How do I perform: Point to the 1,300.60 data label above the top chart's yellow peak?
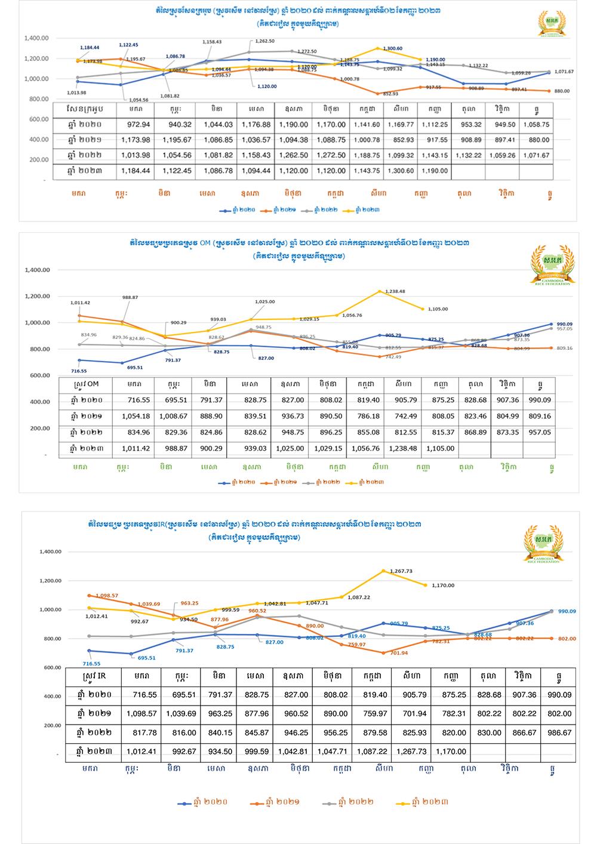point(391,48)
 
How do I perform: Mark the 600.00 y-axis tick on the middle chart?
point(37,375)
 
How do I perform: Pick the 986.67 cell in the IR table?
point(559,732)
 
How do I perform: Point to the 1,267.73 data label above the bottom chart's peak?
point(401,571)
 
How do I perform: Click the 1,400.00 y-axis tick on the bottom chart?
point(50,552)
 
